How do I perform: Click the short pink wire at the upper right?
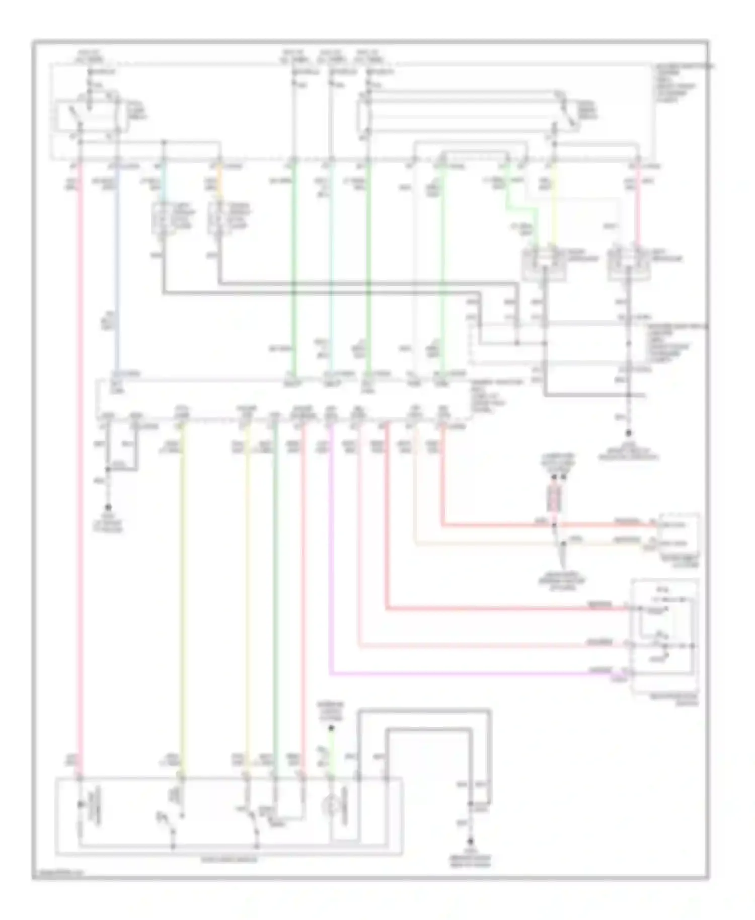coord(637,211)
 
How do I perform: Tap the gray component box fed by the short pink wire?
coord(628,261)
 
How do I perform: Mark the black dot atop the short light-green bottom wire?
coord(331,729)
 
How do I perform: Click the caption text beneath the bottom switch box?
coord(229,860)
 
